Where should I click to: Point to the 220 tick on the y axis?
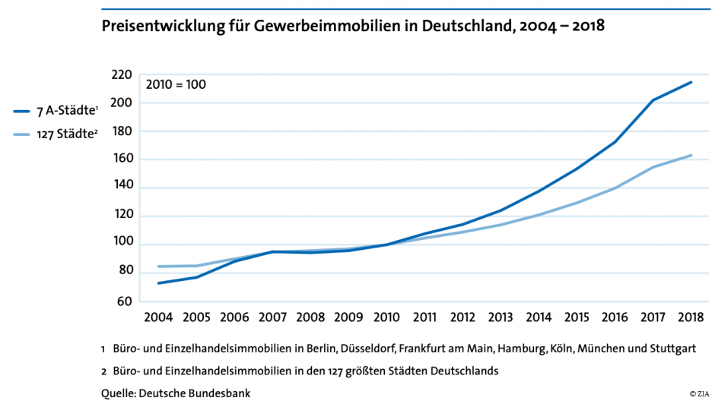tap(122, 74)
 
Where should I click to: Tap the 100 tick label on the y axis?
tap(122, 243)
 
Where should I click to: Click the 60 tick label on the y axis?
tap(124, 302)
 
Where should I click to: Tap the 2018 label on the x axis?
tap(691, 317)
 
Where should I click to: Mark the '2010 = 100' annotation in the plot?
tap(176, 84)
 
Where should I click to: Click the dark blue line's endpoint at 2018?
tap(691, 82)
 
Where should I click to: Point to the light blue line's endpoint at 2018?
tap(691, 156)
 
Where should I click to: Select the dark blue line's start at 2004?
tap(158, 283)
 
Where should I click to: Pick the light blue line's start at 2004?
tap(158, 267)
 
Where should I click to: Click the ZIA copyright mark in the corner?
tap(699, 393)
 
